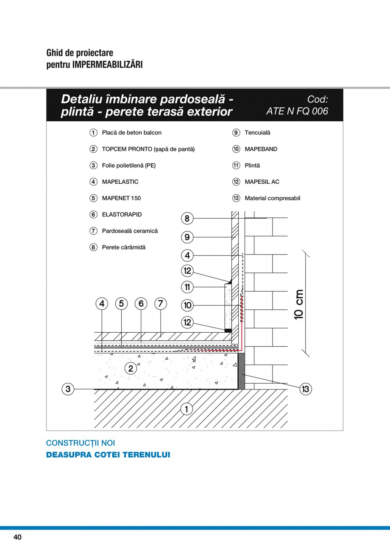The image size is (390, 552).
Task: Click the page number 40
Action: (17, 537)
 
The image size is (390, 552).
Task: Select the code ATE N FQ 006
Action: (297, 111)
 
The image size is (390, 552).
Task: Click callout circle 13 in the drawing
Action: (306, 389)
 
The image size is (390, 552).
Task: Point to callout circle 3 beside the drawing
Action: (68, 389)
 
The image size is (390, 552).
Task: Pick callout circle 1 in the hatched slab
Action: (186, 409)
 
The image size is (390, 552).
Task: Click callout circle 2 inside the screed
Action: (131, 368)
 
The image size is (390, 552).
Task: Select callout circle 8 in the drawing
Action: (187, 219)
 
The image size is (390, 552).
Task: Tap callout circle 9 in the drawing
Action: (187, 237)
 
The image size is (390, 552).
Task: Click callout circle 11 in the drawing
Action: (187, 287)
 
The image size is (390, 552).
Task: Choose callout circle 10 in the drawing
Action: (187, 305)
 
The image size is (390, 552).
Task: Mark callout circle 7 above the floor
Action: (161, 303)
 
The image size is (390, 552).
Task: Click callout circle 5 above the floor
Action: (121, 303)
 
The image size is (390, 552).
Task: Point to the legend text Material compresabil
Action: (272, 198)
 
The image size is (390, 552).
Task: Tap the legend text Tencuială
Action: (257, 132)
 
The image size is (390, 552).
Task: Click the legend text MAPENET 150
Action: (121, 198)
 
